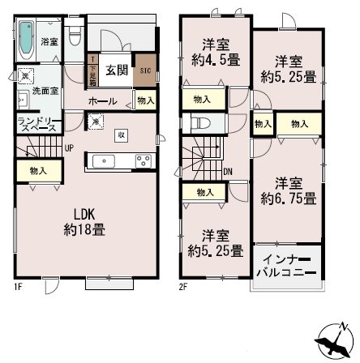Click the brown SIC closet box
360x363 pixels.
click(x=144, y=71)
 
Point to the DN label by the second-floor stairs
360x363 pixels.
click(x=229, y=172)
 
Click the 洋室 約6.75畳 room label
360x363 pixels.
click(x=289, y=189)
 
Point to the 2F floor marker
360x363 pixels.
click(x=184, y=286)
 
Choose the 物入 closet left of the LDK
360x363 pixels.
click(x=36, y=170)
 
